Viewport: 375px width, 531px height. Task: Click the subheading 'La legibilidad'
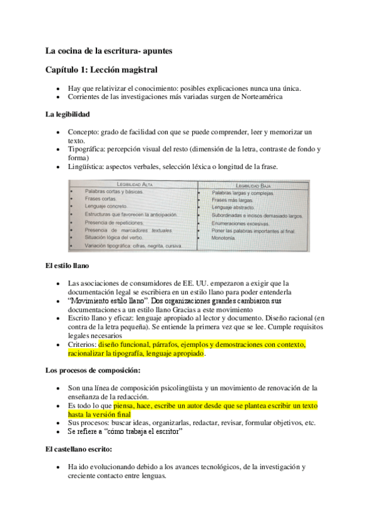(x=68, y=115)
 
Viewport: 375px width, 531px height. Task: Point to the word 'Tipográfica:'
(x=87, y=149)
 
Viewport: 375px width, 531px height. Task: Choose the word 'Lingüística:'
(x=86, y=167)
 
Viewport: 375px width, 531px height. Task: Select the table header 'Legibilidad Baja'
(x=254, y=185)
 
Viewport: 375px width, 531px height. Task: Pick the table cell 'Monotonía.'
(x=223, y=239)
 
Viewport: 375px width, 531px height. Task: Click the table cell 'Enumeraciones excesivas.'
(x=240, y=223)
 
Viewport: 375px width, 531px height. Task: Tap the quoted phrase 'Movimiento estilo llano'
(x=104, y=301)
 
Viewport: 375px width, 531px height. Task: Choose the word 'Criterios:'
(x=82, y=344)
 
